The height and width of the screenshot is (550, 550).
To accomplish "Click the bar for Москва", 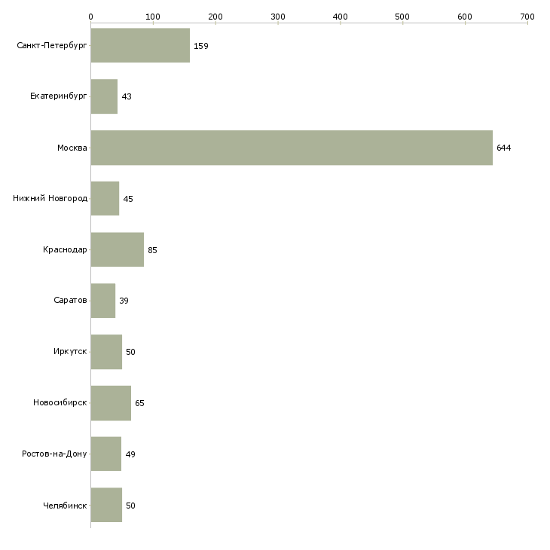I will (x=291, y=148).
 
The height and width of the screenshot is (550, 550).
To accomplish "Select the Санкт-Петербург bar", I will (x=140, y=46).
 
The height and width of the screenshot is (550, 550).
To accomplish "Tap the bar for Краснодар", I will (x=117, y=250).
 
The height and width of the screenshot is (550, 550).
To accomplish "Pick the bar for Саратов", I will (x=102, y=301).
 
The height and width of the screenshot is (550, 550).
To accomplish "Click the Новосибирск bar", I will (x=111, y=403).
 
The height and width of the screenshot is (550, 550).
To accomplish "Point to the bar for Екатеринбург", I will (x=104, y=96).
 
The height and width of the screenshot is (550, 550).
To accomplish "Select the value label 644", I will (x=503, y=148).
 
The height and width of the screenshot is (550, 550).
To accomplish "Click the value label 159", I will (x=200, y=46).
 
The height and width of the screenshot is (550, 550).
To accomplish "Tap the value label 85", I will (x=152, y=250).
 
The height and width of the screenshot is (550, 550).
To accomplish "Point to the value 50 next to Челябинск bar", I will (x=130, y=506).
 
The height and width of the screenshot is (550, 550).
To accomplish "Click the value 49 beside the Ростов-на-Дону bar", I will (x=130, y=454).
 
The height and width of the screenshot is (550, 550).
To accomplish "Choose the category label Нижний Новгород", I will (x=50, y=199).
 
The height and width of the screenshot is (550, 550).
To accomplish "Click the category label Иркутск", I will (x=69, y=352).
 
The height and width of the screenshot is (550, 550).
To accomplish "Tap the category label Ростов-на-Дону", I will (x=54, y=454).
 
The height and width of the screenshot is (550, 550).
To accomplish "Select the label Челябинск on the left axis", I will (x=66, y=506).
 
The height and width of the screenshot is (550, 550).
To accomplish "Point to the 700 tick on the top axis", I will (x=527, y=16).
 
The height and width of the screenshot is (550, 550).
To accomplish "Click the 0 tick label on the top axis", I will (x=90, y=16).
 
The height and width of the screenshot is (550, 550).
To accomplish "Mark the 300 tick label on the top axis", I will (x=277, y=16).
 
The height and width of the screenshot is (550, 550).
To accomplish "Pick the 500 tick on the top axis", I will (x=402, y=16).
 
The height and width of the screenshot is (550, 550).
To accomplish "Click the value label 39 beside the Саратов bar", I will (x=124, y=301).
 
